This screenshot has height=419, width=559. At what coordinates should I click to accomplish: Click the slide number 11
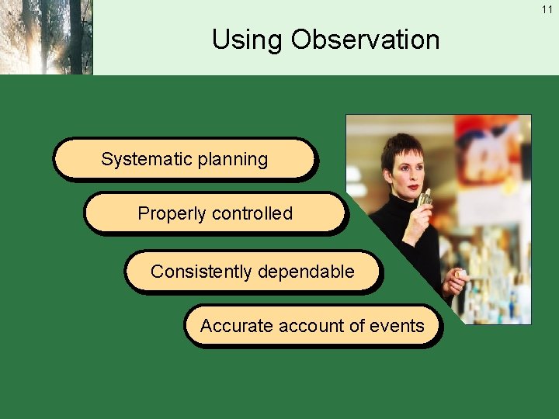[547, 9]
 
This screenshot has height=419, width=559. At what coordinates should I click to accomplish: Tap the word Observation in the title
[365, 40]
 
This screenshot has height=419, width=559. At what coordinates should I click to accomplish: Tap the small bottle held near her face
[425, 199]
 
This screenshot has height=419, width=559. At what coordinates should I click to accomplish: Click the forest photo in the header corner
[46, 37]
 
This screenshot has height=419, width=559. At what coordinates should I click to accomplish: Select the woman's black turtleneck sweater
[408, 241]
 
